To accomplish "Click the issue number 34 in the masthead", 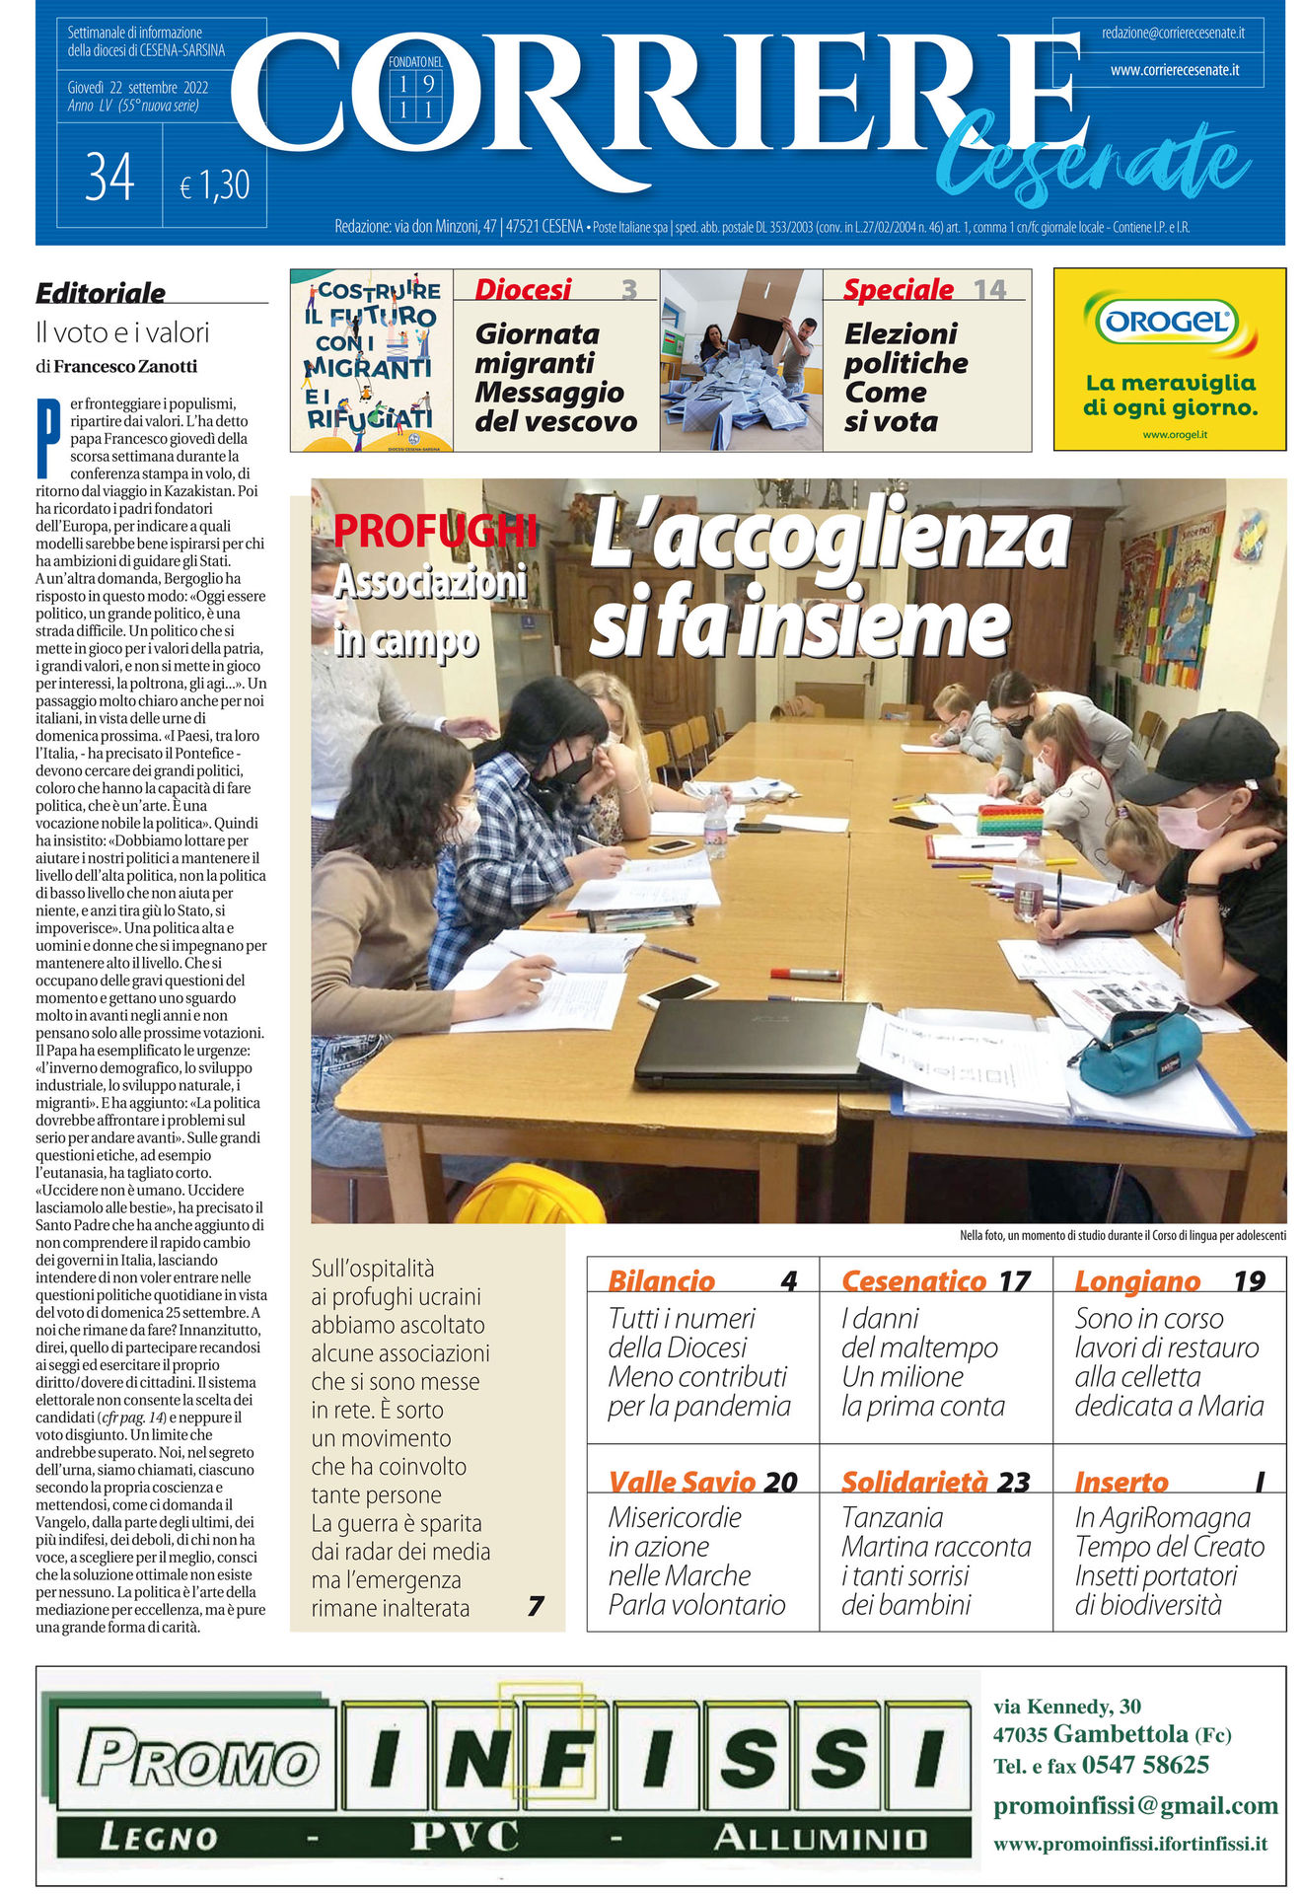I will [109, 178].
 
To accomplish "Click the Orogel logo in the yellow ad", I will [1169, 321].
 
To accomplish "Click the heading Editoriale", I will [101, 293].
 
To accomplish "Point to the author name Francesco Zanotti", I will [125, 366].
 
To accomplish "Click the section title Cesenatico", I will [913, 1280].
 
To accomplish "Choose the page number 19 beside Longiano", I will [1249, 1280].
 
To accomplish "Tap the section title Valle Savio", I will [682, 1482].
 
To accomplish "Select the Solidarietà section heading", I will [914, 1482].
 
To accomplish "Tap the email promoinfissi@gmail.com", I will [1135, 1805].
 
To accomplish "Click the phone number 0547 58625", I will [1145, 1765].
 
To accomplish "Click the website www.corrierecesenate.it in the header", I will [1174, 70].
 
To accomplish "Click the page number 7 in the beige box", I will [536, 1607].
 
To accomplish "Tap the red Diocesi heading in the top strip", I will [523, 289].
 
